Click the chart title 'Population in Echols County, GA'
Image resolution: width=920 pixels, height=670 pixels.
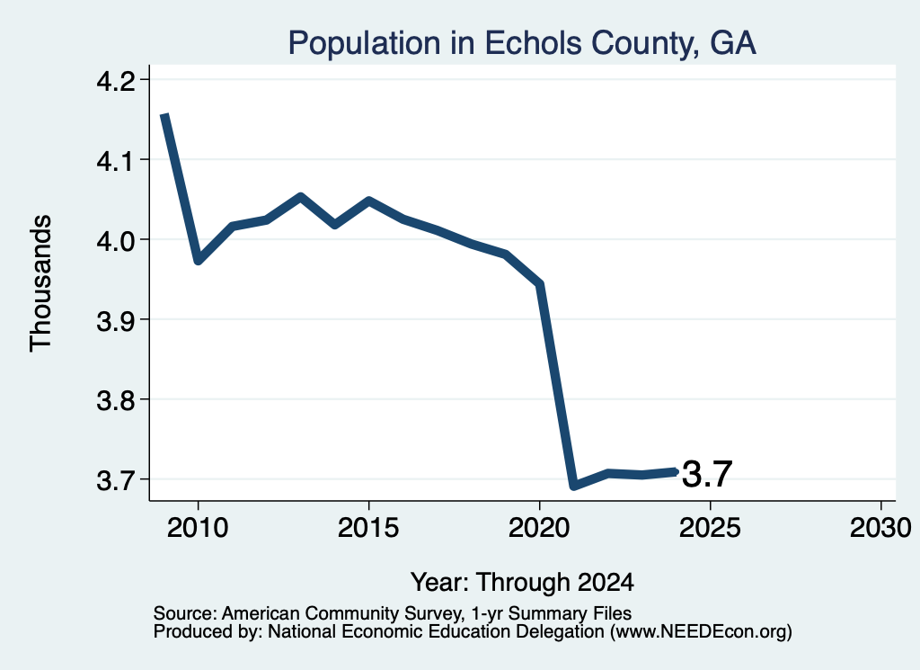[x=522, y=43]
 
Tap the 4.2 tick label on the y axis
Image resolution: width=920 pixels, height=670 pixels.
[x=115, y=80]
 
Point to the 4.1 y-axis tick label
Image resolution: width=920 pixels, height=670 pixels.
[x=115, y=160]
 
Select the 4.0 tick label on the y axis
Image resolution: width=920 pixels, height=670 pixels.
[x=115, y=240]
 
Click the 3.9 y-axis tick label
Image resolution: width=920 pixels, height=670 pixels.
[x=115, y=320]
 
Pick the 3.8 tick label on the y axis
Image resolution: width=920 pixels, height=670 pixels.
[x=115, y=400]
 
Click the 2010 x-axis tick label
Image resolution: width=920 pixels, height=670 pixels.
[x=198, y=527]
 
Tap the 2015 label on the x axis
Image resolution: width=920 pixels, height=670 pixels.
[x=368, y=527]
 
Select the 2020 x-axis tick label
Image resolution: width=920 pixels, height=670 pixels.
[x=539, y=527]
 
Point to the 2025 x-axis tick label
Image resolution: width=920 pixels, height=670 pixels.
[x=710, y=527]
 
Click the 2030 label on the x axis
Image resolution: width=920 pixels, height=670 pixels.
[x=880, y=527]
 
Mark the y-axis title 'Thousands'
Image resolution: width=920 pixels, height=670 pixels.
[x=41, y=283]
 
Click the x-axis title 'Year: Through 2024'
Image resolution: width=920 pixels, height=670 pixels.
[x=522, y=582]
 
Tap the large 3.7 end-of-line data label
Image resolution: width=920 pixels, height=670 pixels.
[x=707, y=474]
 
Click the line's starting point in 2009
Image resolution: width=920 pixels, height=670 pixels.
[x=165, y=115]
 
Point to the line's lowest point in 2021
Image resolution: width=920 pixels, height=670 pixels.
[x=574, y=486]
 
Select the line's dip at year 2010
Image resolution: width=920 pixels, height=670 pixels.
[x=199, y=260]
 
